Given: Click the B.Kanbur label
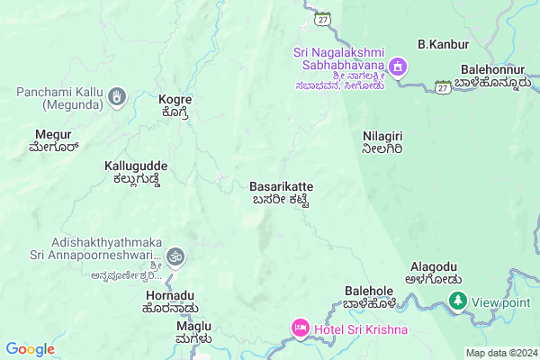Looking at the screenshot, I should pyautogui.click(x=439, y=43).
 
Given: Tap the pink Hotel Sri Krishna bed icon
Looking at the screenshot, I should pyautogui.click(x=299, y=328).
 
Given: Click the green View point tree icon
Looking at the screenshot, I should pyautogui.click(x=458, y=301).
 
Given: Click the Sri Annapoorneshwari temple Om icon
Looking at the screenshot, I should pyautogui.click(x=175, y=256).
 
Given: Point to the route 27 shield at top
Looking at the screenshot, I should pyautogui.click(x=323, y=17).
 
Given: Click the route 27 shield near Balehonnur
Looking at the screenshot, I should pyautogui.click(x=442, y=86).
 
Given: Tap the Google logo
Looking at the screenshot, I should pyautogui.click(x=30, y=349).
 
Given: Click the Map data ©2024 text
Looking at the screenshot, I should pyautogui.click(x=499, y=353).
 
